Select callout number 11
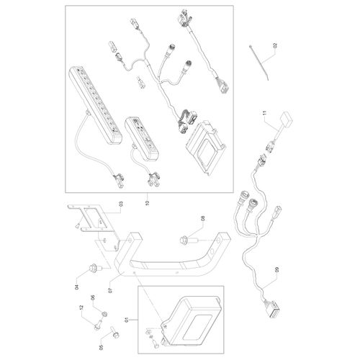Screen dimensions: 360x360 point(264,114)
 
